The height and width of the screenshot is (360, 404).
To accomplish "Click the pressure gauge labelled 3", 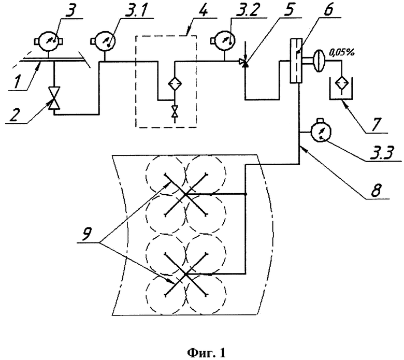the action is pyautogui.click(x=49, y=41).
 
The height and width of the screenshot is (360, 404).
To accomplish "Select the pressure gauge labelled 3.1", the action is pyautogui.click(x=104, y=41).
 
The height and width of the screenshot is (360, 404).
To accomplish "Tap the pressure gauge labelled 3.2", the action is pyautogui.click(x=225, y=40).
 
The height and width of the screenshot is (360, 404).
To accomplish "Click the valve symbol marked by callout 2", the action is pyautogui.click(x=54, y=98).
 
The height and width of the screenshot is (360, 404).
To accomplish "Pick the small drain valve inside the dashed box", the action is pyautogui.click(x=175, y=111).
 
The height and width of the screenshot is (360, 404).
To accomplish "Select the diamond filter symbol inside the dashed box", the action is pyautogui.click(x=175, y=83).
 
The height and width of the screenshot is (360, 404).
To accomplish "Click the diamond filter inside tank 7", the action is pyautogui.click(x=342, y=82).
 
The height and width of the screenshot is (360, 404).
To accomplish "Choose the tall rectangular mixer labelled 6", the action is pyautogui.click(x=296, y=61).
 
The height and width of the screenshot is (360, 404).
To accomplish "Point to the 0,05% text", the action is pyautogui.click(x=342, y=52).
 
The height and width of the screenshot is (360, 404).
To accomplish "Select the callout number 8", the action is pyautogui.click(x=375, y=190).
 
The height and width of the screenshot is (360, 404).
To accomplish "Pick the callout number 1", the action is pyautogui.click(x=17, y=82).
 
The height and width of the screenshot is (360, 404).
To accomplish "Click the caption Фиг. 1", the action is pyautogui.click(x=206, y=353).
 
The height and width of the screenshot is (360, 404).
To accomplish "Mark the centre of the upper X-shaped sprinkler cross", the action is pyautogui.click(x=185, y=194).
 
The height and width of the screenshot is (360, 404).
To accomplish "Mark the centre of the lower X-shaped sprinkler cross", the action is pyautogui.click(x=185, y=274).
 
